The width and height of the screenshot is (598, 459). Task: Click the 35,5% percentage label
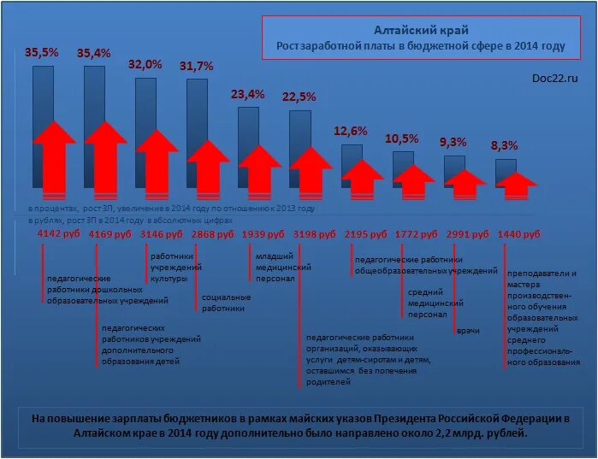pos(41,52)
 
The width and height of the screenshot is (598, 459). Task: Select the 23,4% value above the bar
pos(248,93)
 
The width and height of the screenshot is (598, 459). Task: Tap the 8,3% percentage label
pos(504,145)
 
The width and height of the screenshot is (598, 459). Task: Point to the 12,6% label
pos(350,131)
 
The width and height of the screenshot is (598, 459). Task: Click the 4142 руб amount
pos(59,233)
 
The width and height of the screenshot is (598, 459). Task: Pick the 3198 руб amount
pos(315,233)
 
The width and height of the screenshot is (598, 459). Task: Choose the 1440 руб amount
pos(519,233)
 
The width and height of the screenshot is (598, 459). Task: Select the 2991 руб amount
pos(468,233)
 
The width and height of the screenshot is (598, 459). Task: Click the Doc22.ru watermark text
pos(554,78)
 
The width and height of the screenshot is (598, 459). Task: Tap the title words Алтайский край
pos(420,31)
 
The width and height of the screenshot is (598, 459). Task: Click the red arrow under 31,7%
pos(209,162)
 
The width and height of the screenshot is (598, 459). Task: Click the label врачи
pos(468,331)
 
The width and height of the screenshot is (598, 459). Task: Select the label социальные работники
pos(226,303)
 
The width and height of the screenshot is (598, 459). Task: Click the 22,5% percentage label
pos(299,96)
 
